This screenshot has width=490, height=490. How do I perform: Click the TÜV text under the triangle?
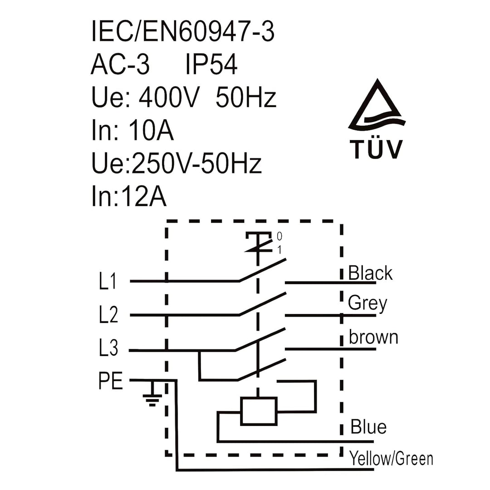tap(376, 149)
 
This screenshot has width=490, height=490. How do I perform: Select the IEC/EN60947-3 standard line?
tap(183, 31)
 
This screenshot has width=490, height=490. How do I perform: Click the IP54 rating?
tap(211, 64)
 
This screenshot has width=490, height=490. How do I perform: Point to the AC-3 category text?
tap(120, 64)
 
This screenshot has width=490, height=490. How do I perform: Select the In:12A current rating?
tap(129, 196)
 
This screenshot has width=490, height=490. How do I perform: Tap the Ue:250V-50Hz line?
tap(176, 163)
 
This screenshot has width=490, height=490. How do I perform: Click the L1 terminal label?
tap(108, 281)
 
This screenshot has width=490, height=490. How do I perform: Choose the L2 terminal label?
tap(108, 314)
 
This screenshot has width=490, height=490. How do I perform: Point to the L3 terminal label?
tap(108, 348)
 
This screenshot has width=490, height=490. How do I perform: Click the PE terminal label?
tap(111, 380)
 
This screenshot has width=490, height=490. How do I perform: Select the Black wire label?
tap(370, 273)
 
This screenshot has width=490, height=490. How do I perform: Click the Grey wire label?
tap(367, 303)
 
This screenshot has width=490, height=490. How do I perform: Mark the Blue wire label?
tap(368, 426)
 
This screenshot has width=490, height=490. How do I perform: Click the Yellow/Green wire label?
tap(391, 458)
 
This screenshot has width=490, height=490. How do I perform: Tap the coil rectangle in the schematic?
tap(259, 411)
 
